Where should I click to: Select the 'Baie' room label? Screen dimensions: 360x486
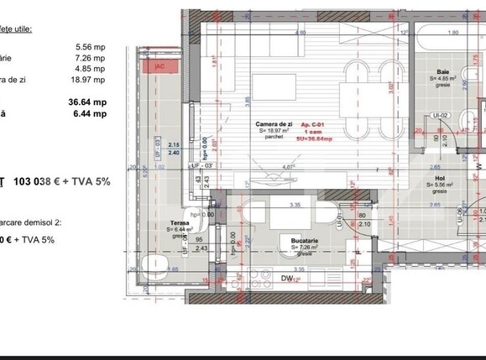(x=443, y=73)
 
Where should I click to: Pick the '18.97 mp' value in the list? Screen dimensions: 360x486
(x=89, y=81)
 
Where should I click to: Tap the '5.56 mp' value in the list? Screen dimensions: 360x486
(x=90, y=47)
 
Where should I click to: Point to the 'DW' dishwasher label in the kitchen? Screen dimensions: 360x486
(x=288, y=279)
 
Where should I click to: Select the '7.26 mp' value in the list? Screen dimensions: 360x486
(x=90, y=59)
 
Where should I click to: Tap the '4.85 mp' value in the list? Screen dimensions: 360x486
(x=90, y=70)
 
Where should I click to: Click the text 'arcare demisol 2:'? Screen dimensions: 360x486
(x=30, y=223)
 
